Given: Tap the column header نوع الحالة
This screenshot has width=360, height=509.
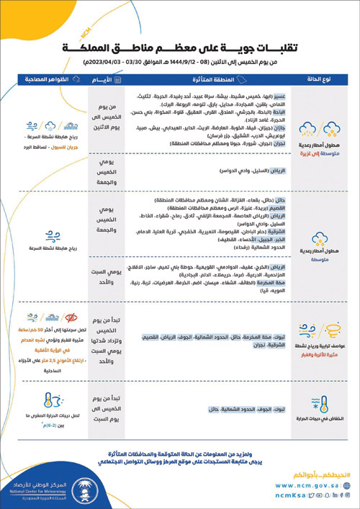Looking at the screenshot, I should (319, 80).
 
